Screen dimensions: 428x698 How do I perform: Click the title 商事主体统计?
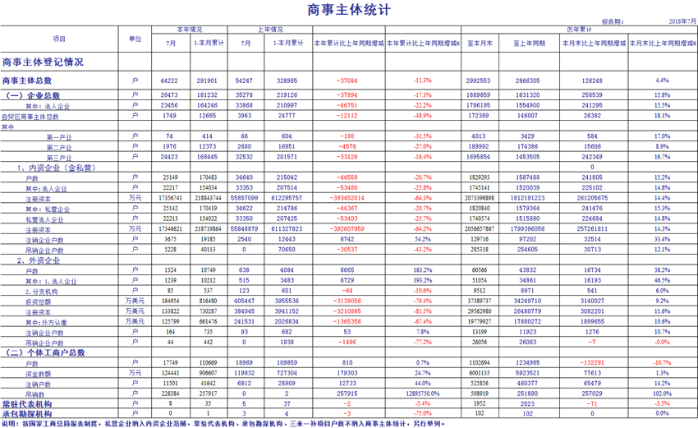click(x=349, y=10)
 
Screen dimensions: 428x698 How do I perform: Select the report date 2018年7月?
click(x=681, y=21)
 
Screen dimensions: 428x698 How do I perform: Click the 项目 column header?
click(x=59, y=39)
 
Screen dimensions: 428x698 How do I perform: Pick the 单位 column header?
click(x=135, y=39)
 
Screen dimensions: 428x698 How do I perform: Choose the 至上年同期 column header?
click(x=526, y=43)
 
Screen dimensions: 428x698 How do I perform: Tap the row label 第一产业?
click(x=59, y=136)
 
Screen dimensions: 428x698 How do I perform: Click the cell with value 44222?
click(x=170, y=81)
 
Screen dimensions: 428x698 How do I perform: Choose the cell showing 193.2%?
click(x=422, y=281)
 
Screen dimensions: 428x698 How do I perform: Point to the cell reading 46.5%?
click(x=662, y=281)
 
